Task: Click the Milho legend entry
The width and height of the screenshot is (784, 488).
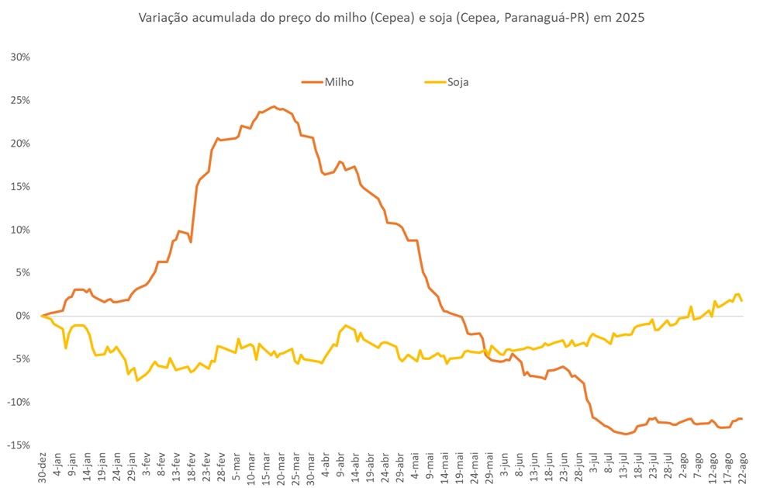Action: [x=329, y=81]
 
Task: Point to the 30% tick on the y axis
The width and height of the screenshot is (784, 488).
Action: [x=20, y=57]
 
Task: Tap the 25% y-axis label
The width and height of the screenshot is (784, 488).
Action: [x=20, y=101]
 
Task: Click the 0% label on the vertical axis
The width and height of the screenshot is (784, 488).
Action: [x=23, y=316]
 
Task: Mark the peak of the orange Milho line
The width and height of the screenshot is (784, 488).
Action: [x=273, y=106]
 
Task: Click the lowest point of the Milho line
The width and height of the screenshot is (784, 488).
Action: [x=626, y=434]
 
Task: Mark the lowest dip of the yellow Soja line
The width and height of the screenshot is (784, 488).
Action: [x=137, y=380]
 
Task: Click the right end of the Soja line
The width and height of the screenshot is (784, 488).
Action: [x=742, y=300]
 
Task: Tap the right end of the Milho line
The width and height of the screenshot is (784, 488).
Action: [x=742, y=419]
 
